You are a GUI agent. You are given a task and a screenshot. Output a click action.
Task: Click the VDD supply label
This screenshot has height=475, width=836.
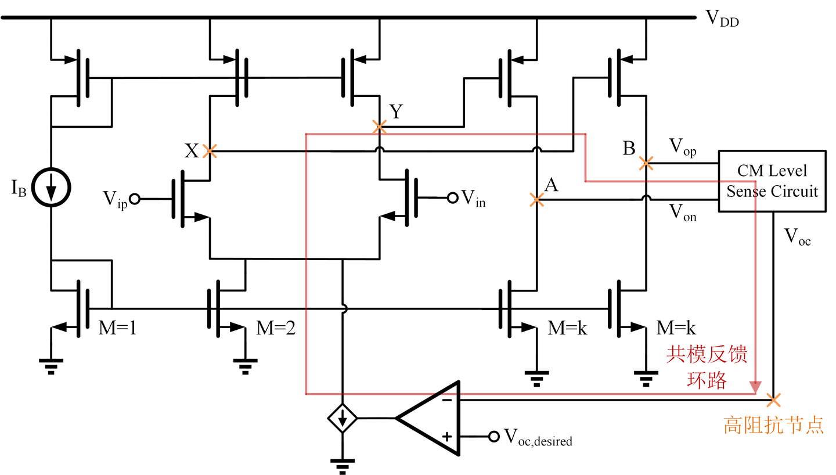722,19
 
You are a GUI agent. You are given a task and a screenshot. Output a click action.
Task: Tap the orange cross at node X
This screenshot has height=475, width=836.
210,152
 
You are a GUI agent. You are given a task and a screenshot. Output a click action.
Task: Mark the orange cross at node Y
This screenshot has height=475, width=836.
379,127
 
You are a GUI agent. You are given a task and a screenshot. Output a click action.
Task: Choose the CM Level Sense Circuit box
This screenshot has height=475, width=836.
772,181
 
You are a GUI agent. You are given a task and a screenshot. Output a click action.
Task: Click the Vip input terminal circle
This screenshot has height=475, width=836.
134,199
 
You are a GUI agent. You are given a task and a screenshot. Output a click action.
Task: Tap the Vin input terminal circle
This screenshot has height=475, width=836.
452,199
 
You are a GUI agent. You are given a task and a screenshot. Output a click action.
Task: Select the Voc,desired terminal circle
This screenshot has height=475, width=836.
493,436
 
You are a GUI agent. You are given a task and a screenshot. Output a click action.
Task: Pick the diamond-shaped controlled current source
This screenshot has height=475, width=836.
343,418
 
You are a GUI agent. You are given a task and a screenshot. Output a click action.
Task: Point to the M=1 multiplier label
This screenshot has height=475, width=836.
117,329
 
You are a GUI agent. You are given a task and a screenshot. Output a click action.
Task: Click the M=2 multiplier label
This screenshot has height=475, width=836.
276,329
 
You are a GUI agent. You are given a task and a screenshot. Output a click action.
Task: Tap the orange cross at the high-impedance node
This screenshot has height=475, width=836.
773,400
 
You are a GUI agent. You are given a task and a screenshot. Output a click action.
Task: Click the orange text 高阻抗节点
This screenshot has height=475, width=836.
773,426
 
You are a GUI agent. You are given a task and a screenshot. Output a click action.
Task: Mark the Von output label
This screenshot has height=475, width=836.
683,214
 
